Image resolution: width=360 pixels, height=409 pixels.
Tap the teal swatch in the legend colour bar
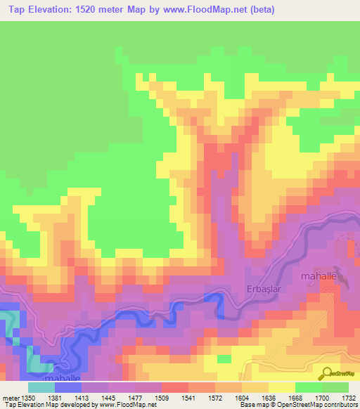tap(41, 387)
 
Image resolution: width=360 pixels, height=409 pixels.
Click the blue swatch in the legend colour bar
tap(68, 387)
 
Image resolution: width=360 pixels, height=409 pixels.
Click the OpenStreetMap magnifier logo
tap(328, 372)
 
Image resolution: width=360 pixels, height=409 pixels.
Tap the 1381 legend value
tap(71, 398)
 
